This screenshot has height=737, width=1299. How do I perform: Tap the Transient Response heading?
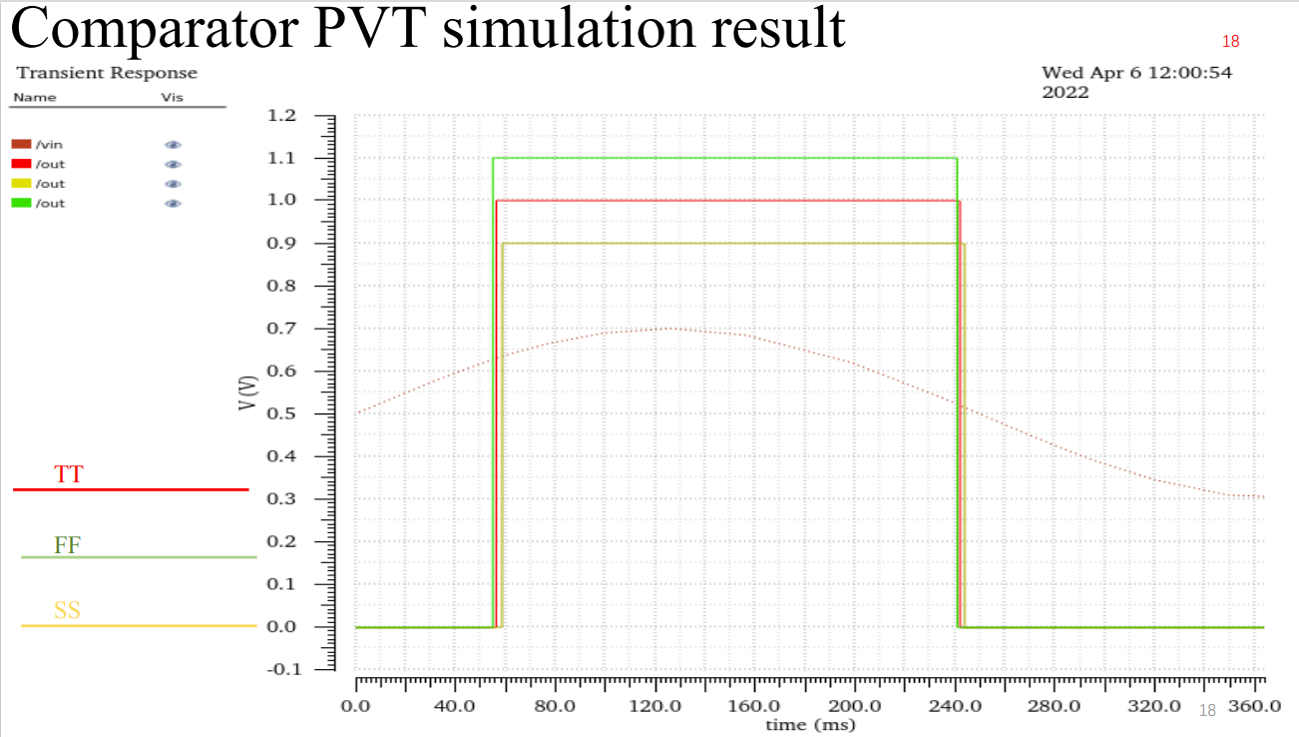tap(107, 73)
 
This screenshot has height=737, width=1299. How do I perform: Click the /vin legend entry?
tap(49, 144)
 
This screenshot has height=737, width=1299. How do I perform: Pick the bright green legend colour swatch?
tap(22, 204)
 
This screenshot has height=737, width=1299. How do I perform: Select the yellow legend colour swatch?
tap(22, 184)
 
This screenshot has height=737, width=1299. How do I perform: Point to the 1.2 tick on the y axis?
tap(282, 116)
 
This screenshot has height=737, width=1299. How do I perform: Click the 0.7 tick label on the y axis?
tap(282, 329)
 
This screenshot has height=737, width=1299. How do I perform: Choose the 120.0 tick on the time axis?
tap(655, 707)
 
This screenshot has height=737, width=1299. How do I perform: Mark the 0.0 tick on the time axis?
tap(356, 707)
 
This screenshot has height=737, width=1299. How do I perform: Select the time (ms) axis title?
tap(810, 725)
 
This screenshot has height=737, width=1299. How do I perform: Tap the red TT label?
tap(69, 474)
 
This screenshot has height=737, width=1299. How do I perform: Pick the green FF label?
tap(68, 545)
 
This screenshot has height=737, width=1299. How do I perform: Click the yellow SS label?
tap(67, 609)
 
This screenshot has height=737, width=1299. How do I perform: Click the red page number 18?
tap(1230, 42)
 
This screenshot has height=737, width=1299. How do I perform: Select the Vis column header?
tap(172, 97)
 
